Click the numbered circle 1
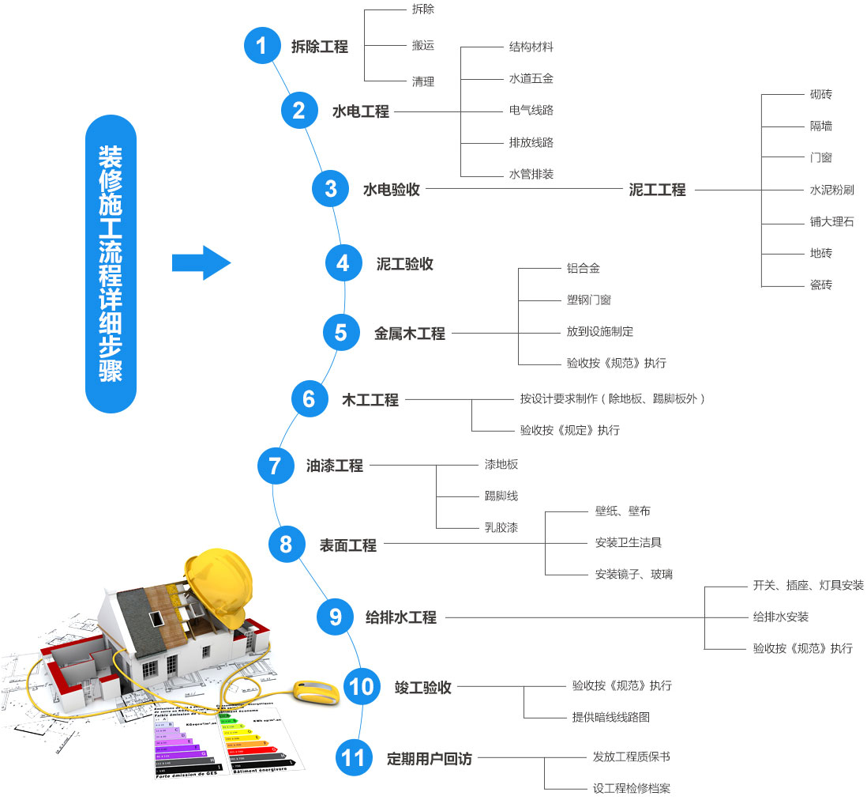point(262,46)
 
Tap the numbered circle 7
point(275,466)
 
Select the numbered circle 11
point(353,758)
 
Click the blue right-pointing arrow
point(201,262)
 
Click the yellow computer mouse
point(316,692)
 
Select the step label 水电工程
point(360,111)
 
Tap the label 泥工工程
point(657,190)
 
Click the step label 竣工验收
point(422,687)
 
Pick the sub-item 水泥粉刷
point(831,190)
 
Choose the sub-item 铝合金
point(583,269)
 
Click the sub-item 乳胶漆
point(501,527)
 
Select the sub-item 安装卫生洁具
point(628,542)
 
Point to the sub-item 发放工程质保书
point(631,757)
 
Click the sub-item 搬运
point(423,46)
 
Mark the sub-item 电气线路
point(531,110)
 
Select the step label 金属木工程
point(409,334)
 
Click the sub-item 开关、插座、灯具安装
point(808,585)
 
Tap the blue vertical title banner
point(111,263)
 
